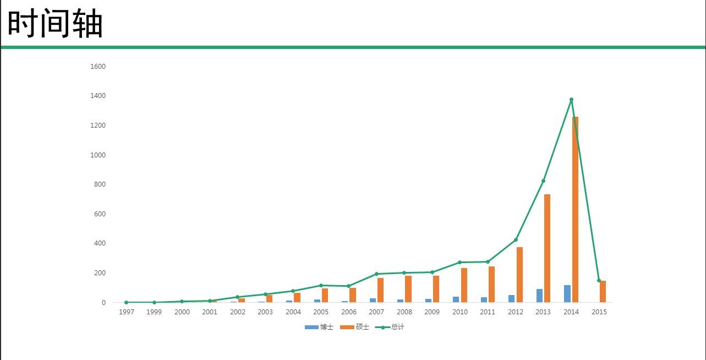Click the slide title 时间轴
coord(55,23)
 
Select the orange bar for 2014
coord(575,209)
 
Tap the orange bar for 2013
coord(547,248)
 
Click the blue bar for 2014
coord(567,294)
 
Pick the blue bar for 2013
coord(540,296)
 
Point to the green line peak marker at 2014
coord(571,100)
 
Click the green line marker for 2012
coord(516,240)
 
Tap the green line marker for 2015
coord(599,280)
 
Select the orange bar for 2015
coord(603,292)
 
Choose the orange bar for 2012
coord(519,275)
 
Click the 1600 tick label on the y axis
coord(98,66)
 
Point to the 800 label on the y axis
coord(100,184)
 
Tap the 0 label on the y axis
coord(103,302)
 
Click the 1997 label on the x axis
coord(127,312)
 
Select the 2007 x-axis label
coord(376,312)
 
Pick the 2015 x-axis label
coord(599,312)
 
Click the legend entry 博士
coord(319,327)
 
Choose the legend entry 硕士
coord(354,327)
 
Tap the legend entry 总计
coord(390,327)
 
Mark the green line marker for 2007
coord(376,274)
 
